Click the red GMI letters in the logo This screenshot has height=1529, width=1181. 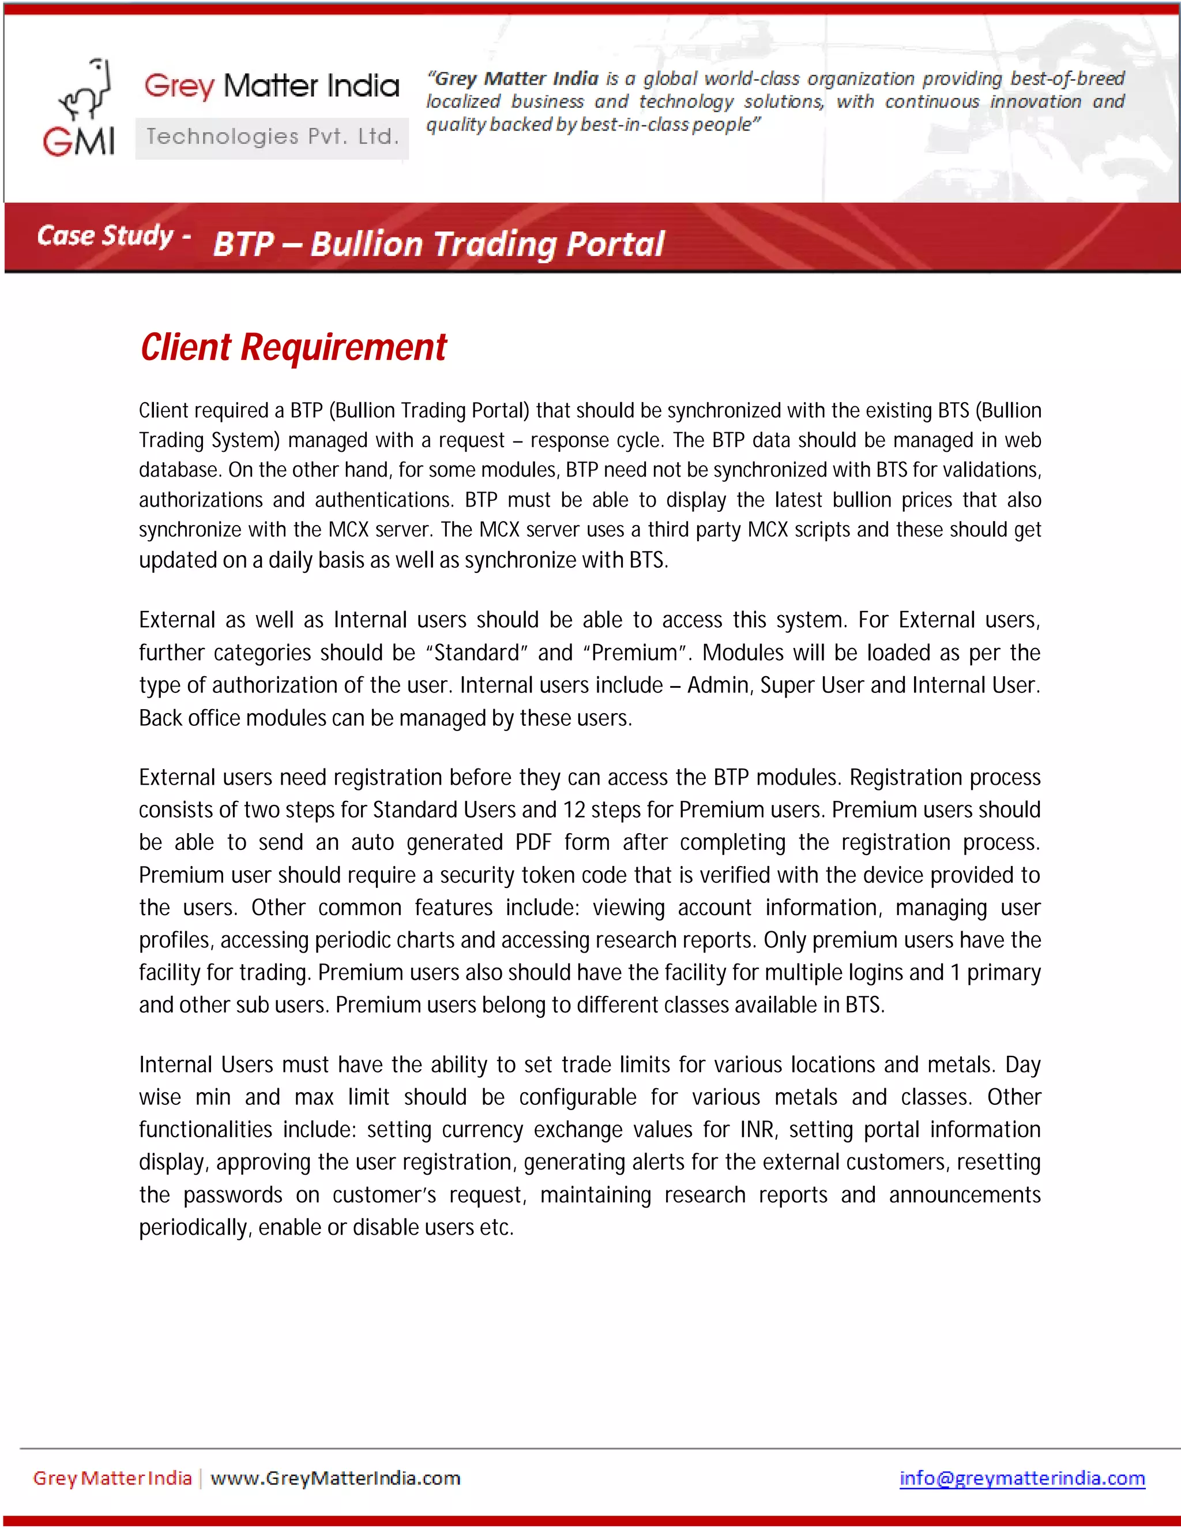tap(78, 141)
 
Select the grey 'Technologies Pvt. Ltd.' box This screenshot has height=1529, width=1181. tap(272, 137)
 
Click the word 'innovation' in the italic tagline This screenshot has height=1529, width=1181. tap(1035, 102)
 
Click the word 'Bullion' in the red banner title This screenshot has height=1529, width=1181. tap(367, 244)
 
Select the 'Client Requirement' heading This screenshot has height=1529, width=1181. tap(293, 347)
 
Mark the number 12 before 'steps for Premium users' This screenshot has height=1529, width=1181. tap(574, 810)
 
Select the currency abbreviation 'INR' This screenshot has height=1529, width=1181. tap(757, 1130)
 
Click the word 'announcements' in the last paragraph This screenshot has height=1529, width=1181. tap(964, 1195)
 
